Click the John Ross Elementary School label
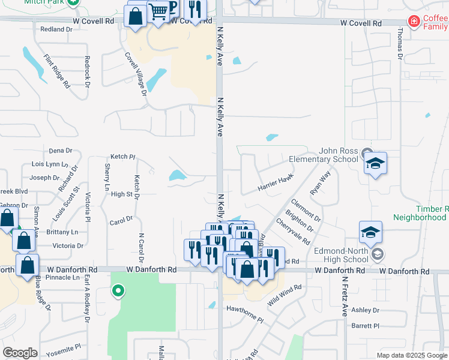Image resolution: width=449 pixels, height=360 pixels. (323, 155)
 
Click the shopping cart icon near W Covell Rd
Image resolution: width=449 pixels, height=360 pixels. (158, 11)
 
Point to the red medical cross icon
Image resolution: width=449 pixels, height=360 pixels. (414, 22)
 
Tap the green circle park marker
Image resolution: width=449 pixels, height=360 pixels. (118, 292)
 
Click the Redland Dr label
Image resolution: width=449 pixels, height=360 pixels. (56, 29)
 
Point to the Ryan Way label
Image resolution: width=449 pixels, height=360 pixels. (321, 183)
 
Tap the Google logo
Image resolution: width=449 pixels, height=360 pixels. (20, 353)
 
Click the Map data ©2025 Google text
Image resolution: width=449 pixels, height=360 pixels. (412, 355)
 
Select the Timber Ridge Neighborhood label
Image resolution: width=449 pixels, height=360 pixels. (421, 213)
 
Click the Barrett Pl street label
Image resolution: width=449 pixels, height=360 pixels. (366, 326)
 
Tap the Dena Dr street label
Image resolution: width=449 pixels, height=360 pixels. (60, 151)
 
